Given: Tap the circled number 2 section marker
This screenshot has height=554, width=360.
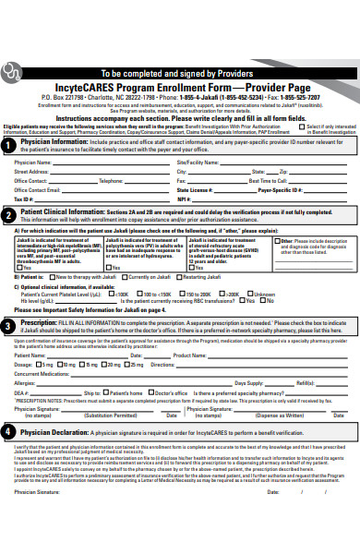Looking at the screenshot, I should [8, 213].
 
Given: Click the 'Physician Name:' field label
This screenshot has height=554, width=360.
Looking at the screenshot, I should [33, 162].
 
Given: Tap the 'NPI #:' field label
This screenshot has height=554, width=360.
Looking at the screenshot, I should [184, 199].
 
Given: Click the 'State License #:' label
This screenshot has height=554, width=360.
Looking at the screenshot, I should [195, 189].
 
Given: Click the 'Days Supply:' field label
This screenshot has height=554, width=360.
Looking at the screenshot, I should [249, 382].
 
